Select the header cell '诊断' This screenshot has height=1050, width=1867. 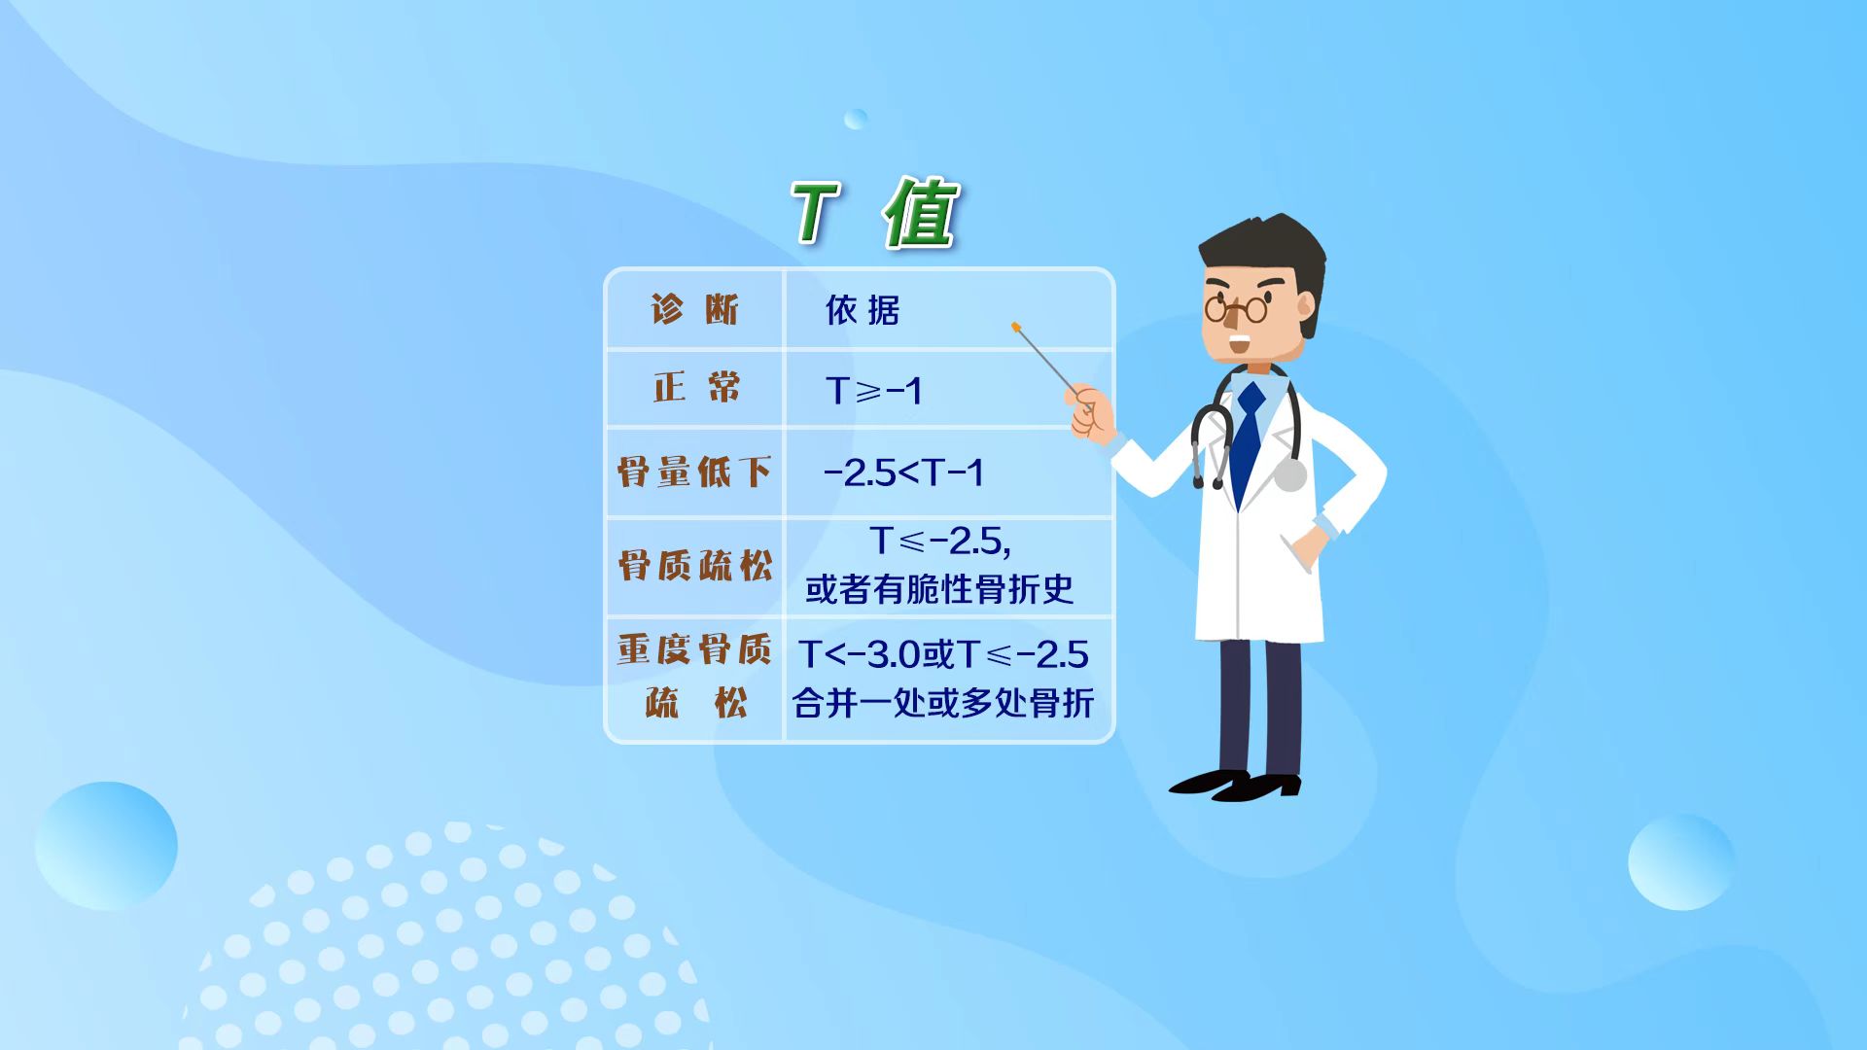(695, 310)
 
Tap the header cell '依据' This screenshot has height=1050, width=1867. (863, 310)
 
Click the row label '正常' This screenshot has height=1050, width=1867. (697, 388)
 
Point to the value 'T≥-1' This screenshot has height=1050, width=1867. (873, 391)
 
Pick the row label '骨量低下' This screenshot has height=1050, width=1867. (694, 472)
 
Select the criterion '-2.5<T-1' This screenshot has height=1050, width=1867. (903, 473)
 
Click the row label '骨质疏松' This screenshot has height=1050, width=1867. (695, 565)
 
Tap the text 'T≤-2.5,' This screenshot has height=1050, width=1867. (940, 542)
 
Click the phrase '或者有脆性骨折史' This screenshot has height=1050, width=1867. (939, 589)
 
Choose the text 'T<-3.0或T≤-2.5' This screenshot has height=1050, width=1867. (942, 654)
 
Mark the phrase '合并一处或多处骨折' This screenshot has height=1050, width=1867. (942, 702)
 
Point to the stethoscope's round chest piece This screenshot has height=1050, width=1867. (1289, 475)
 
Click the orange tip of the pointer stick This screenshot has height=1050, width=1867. (1015, 327)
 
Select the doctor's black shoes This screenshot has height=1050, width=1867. (1235, 785)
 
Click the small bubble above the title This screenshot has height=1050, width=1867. (856, 119)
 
